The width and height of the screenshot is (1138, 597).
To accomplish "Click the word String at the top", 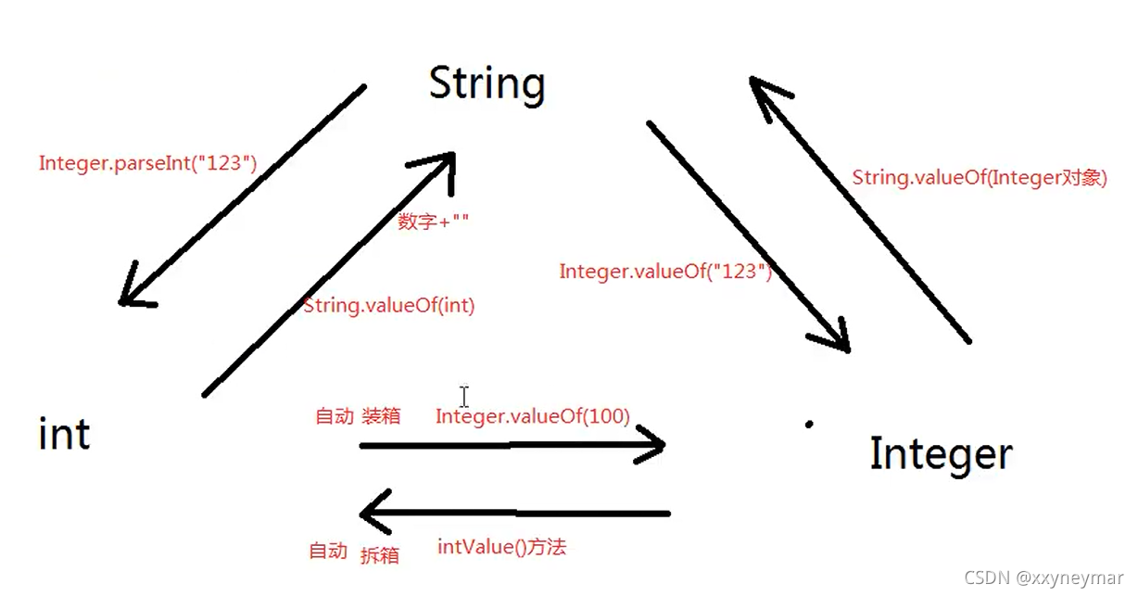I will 487,83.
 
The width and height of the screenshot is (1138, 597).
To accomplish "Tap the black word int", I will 65,434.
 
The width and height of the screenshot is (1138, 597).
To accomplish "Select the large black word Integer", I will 941,453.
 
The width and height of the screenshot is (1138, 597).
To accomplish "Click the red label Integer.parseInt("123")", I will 147,163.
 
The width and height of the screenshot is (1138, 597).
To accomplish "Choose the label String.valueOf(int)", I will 389,305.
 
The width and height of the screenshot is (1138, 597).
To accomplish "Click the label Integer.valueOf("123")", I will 665,272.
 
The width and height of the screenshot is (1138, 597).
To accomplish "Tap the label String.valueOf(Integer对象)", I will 980,178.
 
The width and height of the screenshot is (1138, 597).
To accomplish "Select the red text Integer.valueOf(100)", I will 533,416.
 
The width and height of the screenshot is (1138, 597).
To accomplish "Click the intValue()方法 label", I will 501,547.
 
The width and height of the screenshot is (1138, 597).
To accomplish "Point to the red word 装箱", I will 381,416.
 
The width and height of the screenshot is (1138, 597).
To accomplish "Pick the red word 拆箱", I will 379,554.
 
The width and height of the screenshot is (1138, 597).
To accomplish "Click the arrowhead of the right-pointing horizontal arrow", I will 653,446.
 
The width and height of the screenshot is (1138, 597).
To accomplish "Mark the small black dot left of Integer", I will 809,425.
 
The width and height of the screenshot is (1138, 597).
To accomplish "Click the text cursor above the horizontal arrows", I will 463,396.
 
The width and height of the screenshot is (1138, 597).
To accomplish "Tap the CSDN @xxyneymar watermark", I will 1043,578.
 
